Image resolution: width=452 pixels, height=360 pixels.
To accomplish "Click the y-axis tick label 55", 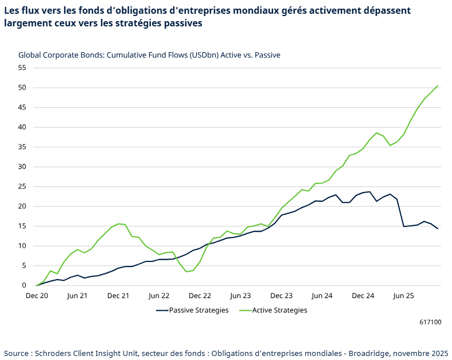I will pyautogui.click(x=22, y=68).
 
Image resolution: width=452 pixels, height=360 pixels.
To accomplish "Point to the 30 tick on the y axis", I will pyautogui.click(x=22, y=167).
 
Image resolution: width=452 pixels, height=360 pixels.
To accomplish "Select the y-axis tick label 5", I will pyautogui.click(x=24, y=265).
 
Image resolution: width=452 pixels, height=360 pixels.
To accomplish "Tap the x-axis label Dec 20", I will pyautogui.click(x=37, y=296).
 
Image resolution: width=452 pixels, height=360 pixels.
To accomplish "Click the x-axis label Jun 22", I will pyautogui.click(x=159, y=296).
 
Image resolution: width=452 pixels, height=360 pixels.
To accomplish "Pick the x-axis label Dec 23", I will pyautogui.click(x=281, y=296).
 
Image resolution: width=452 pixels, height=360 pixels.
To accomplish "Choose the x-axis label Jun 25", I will pyautogui.click(x=403, y=296).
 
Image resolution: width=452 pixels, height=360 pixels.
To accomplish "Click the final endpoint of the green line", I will pyautogui.click(x=438, y=86).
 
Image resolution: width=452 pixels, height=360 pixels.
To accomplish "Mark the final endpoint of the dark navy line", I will pyautogui.click(x=438, y=229).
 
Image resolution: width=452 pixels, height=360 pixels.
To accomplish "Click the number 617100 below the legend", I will pyautogui.click(x=430, y=323).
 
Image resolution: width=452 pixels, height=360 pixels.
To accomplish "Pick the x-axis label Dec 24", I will pyautogui.click(x=363, y=296).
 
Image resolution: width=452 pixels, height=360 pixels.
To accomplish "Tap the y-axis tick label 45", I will pyautogui.click(x=22, y=107).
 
